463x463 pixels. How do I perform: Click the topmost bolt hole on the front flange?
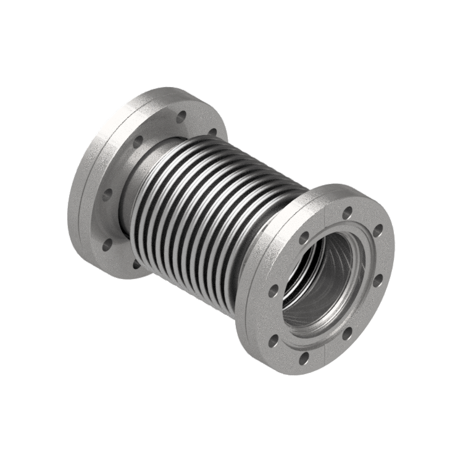348,212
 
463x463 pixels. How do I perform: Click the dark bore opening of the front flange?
327,290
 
